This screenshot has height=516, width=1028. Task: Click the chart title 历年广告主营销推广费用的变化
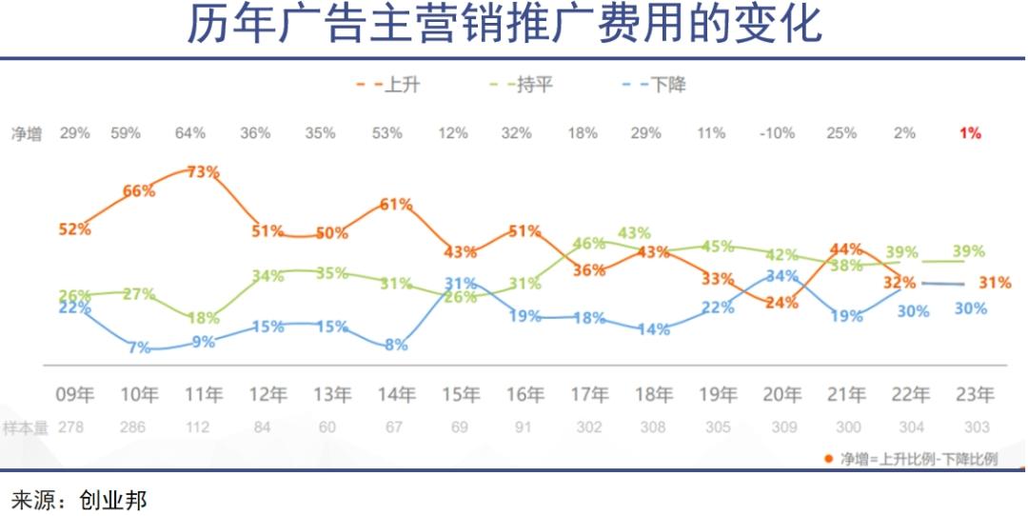(504, 26)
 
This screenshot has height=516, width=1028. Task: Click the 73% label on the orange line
(203, 172)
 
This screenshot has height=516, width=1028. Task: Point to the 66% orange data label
(139, 191)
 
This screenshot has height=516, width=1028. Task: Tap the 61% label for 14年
(395, 205)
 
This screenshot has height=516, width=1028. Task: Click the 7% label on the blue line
(139, 347)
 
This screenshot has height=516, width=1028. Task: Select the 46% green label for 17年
(590, 244)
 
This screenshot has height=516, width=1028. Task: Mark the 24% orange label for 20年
(781, 303)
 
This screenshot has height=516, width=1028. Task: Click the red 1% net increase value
(970, 133)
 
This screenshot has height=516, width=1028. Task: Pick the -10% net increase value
(777, 133)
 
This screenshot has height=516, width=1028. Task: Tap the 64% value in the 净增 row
(189, 133)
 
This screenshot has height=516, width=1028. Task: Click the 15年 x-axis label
(460, 394)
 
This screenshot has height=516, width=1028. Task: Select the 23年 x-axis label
(975, 394)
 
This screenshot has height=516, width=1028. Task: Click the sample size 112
(197, 427)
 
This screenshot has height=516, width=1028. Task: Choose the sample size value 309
(783, 427)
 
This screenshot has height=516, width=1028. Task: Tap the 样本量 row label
(25, 427)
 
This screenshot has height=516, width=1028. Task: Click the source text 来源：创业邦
(79, 499)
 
